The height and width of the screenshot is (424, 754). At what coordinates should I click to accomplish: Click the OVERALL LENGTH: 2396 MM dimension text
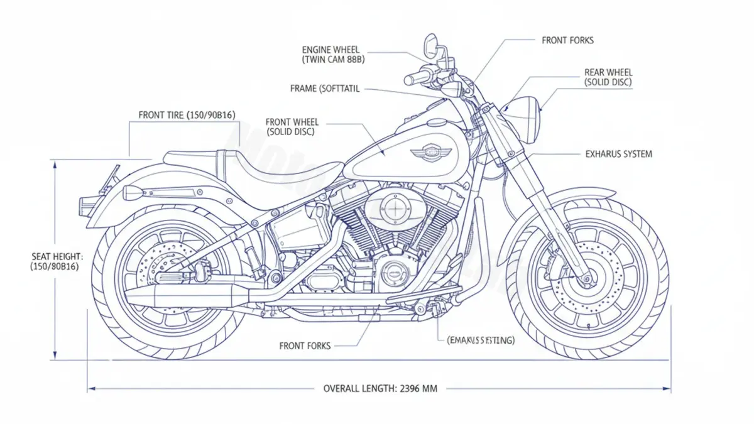coord(380,388)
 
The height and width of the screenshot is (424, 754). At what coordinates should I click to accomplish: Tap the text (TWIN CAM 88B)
coord(334,60)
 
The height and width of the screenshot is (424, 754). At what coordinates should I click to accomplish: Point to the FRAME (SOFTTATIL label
coord(325,89)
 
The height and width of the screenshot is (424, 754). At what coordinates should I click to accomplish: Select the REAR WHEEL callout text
coord(608,73)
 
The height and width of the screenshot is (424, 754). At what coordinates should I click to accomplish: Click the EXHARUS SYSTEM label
coord(618,154)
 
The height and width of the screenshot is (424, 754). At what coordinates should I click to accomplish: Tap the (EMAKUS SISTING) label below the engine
coord(481,340)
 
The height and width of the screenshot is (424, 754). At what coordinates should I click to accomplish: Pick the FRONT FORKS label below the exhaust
coord(305,345)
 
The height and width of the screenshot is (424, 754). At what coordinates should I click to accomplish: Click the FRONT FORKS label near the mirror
coord(567,40)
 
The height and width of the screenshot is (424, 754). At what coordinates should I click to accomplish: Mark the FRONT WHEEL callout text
coord(292,122)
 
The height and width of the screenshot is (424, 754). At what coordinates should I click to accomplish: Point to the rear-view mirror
coord(430,43)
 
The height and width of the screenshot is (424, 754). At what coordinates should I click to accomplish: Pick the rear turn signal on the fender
coord(134,192)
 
